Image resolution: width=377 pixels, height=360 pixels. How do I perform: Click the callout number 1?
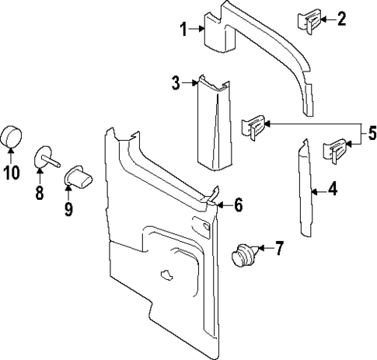point(183,30)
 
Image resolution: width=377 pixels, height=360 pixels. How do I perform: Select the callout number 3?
point(176,82)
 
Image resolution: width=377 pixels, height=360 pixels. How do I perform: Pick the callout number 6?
point(238,205)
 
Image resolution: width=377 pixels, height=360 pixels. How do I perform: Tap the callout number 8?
point(39,192)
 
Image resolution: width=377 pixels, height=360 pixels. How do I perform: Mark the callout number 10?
point(11,173)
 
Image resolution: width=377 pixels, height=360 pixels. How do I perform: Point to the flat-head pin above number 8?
point(46,160)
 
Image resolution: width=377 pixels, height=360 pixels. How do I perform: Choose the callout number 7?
point(279,248)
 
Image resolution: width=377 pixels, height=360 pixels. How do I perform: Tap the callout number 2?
point(341,19)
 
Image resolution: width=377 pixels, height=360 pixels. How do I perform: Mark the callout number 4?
point(332,187)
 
